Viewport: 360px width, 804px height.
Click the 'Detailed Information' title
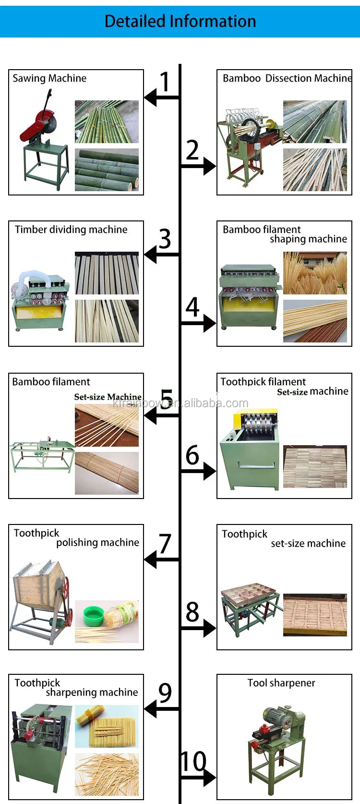(180, 21)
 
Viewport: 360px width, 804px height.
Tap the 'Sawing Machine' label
(49, 78)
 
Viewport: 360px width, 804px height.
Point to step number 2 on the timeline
(192, 150)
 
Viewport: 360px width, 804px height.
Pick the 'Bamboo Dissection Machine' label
(287, 78)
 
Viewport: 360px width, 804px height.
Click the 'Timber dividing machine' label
(71, 230)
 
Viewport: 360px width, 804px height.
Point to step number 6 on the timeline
(192, 455)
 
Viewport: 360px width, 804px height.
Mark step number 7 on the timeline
(165, 544)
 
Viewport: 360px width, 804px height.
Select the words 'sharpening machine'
(92, 692)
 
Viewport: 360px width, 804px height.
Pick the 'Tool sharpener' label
(281, 683)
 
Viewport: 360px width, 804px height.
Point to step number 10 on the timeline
(193, 762)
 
